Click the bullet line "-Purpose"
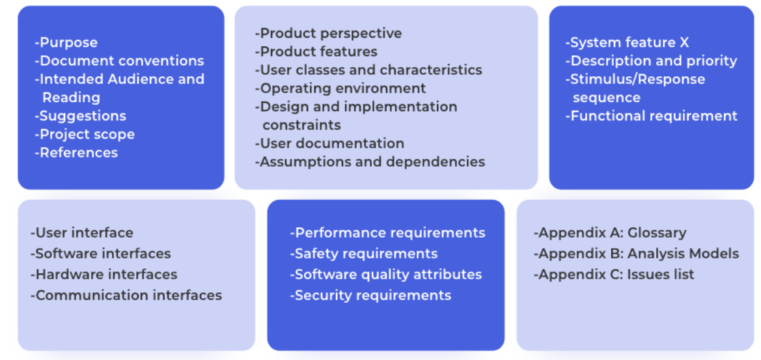(x=66, y=43)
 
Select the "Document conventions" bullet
(x=119, y=61)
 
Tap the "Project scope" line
(x=85, y=135)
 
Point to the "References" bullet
(x=76, y=153)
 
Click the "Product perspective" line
(x=329, y=33)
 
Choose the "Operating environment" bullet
(x=340, y=89)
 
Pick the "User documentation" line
(x=329, y=144)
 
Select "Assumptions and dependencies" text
(x=370, y=162)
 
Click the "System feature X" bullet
(x=627, y=43)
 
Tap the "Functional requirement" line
(x=651, y=117)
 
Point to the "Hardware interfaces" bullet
(x=104, y=275)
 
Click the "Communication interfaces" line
(x=126, y=296)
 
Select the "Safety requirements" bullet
(x=364, y=254)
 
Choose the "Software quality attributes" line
(x=386, y=275)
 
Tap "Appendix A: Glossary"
(x=610, y=233)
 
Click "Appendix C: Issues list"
(x=614, y=275)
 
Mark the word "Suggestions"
(x=83, y=117)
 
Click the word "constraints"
(x=301, y=125)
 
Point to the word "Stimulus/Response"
(x=637, y=79)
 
